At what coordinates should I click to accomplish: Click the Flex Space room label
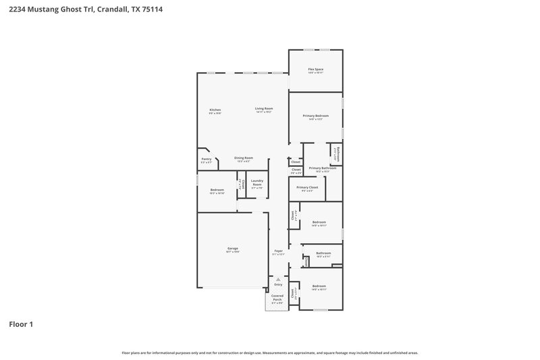coord(315,69)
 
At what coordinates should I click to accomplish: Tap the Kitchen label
coord(215,109)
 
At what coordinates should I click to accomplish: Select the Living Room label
coord(263,109)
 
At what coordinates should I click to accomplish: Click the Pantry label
coord(206,159)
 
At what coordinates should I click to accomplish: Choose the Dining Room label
coord(244,158)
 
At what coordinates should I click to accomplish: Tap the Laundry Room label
coord(256,182)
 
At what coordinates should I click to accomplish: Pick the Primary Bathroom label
coord(323,168)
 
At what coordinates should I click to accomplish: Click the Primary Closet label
coord(306,187)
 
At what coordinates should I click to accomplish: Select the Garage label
coord(232,249)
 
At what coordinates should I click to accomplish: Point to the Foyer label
coord(278,251)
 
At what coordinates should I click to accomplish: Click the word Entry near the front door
coord(278,284)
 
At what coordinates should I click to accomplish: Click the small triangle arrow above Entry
coord(278,278)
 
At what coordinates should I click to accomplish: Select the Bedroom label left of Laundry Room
coord(217,190)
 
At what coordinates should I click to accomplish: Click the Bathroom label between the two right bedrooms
coord(323,253)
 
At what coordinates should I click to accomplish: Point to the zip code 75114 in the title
coord(153,10)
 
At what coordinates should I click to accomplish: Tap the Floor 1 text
coord(21,324)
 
